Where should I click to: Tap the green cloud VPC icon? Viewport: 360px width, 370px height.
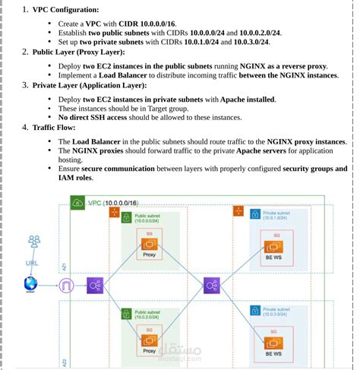pos(77,202)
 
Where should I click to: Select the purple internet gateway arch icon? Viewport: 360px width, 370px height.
pos(67,286)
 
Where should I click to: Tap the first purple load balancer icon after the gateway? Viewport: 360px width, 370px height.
pos(96,286)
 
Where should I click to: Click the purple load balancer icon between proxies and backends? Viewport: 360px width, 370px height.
pos(212,286)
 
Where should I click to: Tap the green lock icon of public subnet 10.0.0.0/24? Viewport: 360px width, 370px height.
pos(126,217)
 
